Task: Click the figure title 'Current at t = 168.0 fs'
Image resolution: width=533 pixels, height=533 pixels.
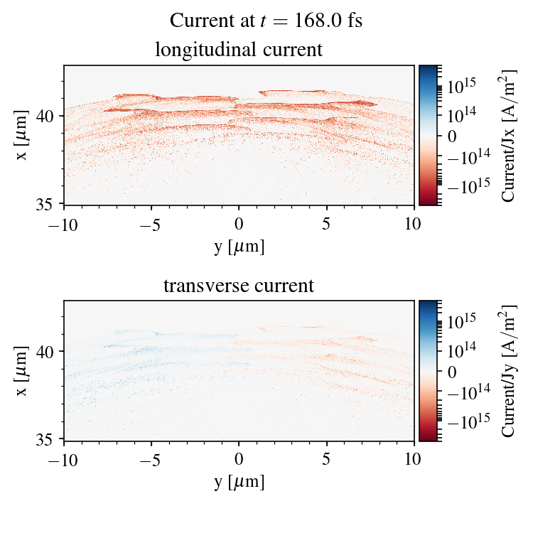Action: click(x=266, y=20)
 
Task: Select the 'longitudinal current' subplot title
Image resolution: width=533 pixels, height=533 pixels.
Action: click(x=239, y=50)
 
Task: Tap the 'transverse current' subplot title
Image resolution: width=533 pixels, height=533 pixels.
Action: click(x=239, y=286)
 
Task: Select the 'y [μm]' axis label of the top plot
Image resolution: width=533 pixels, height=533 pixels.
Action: click(x=239, y=246)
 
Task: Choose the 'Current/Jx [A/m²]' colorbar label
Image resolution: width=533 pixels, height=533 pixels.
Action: click(x=508, y=135)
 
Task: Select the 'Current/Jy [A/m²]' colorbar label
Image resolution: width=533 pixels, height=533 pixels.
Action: click(x=508, y=371)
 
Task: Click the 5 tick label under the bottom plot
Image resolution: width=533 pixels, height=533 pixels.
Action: click(x=327, y=459)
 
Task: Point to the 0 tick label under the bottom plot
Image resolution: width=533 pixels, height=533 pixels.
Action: click(x=239, y=459)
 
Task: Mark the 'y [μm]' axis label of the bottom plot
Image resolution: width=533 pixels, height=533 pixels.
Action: click(x=239, y=482)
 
